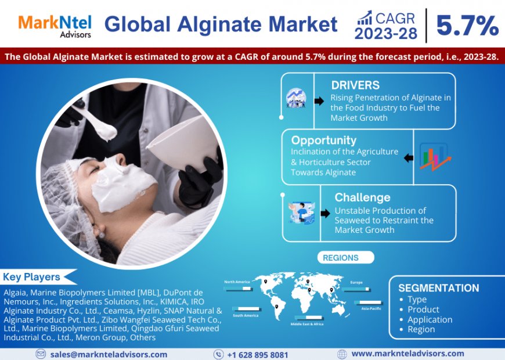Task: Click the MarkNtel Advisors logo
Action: click(x=55, y=26)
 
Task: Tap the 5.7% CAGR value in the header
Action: click(x=467, y=26)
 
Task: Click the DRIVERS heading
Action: click(x=355, y=85)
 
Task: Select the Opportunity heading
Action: click(x=323, y=140)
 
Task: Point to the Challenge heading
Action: click(x=362, y=197)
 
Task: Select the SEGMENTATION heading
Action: click(x=439, y=288)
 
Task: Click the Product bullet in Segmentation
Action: click(x=423, y=309)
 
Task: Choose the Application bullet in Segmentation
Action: click(x=430, y=319)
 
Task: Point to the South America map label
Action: click(x=246, y=315)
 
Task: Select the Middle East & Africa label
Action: click(x=308, y=323)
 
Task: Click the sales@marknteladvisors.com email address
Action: click(x=109, y=354)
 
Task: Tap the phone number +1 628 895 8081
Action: click(x=257, y=354)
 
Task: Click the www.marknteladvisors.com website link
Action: click(x=407, y=354)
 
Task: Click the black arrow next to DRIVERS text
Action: click(x=319, y=101)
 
